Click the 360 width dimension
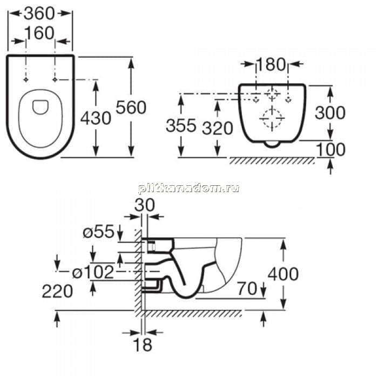coord(39,13)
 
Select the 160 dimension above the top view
coord(39,33)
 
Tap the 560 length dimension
coord(131,107)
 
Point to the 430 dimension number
coord(96,118)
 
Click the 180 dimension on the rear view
coord(271,64)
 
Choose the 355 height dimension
coord(181,126)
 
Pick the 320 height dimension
coord(218,128)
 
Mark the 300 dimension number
coord(330,112)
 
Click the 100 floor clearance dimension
coord(330,150)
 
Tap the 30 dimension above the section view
coord(144,205)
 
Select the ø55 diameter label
coord(98,232)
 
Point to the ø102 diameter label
coord(93,272)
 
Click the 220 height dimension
coord(57,291)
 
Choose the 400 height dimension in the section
coord(283,274)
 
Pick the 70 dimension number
coord(247,288)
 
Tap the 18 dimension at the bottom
coord(143,345)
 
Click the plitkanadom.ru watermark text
coord(189,188)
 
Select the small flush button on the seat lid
coord(40,107)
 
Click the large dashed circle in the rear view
coord(272,118)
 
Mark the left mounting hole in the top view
coord(26,79)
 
